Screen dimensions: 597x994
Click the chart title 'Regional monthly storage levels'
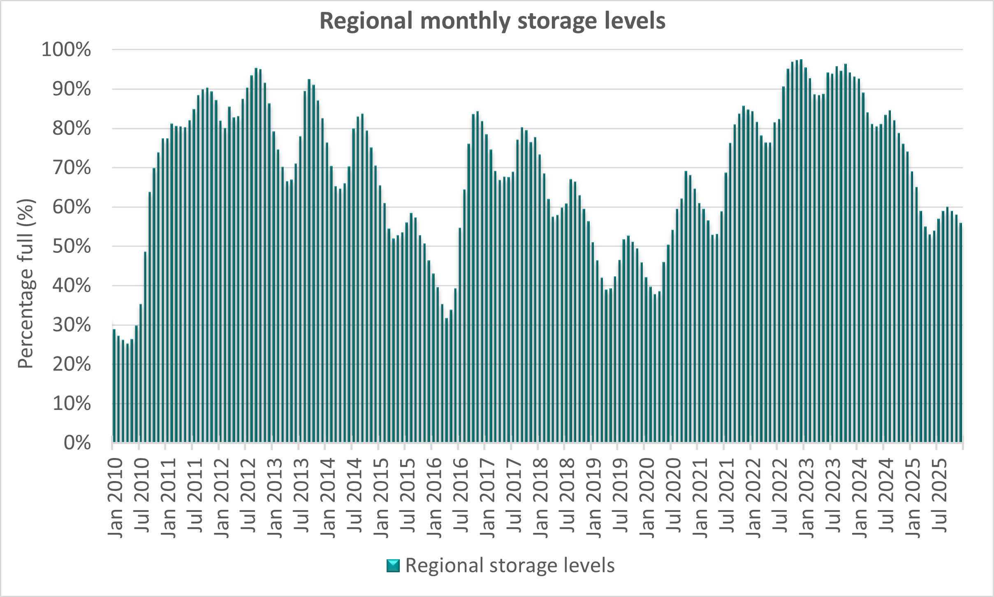pos(492,21)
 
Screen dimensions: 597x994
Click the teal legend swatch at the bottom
pos(393,566)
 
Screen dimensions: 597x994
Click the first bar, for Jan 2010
pos(114,386)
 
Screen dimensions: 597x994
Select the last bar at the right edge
pos(961,333)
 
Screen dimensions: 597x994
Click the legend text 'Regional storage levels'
pos(510,566)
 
